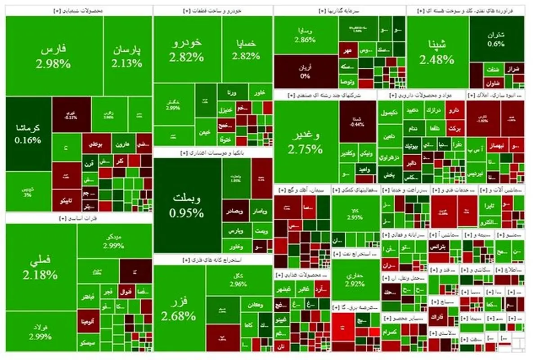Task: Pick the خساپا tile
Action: [246, 49]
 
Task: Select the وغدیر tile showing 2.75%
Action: [306, 142]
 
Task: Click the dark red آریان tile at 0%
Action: [305, 71]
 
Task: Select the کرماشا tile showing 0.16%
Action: [28, 134]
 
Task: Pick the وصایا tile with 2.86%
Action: [305, 35]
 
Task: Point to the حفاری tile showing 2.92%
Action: [355, 279]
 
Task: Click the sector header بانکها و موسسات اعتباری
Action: [212, 153]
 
